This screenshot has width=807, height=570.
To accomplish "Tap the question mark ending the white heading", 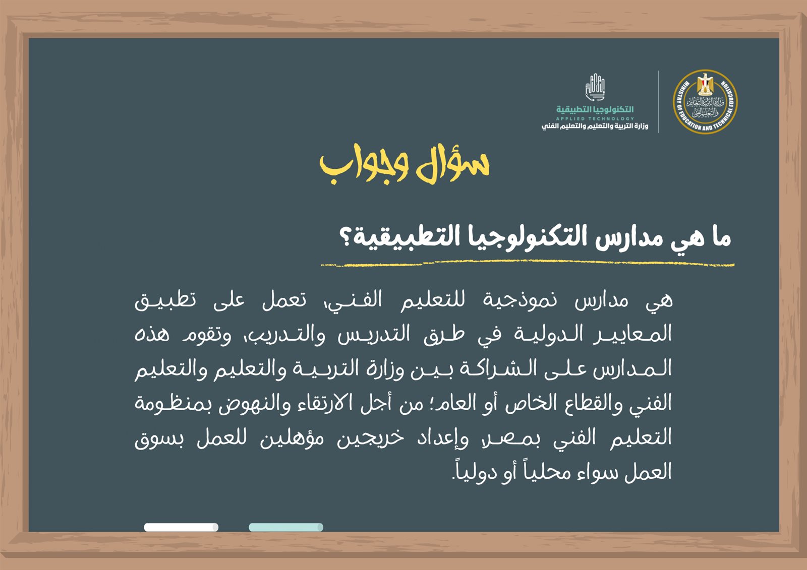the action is (x=347, y=236).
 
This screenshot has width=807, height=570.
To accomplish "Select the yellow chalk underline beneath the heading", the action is (x=528, y=264).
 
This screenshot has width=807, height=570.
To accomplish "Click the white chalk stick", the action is (x=181, y=527).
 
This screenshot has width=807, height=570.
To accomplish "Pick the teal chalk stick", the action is (x=285, y=527).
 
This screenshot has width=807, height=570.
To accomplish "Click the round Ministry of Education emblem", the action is (x=705, y=102).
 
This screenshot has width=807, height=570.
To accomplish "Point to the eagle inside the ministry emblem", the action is (x=705, y=84).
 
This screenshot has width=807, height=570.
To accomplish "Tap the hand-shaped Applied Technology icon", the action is (x=595, y=87).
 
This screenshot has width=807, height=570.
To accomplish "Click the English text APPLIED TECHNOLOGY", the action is (x=595, y=118).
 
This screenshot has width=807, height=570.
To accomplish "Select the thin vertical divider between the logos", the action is (x=658, y=102).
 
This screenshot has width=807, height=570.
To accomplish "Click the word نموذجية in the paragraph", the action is (x=520, y=301).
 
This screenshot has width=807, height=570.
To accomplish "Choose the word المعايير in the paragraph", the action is (x=632, y=335).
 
